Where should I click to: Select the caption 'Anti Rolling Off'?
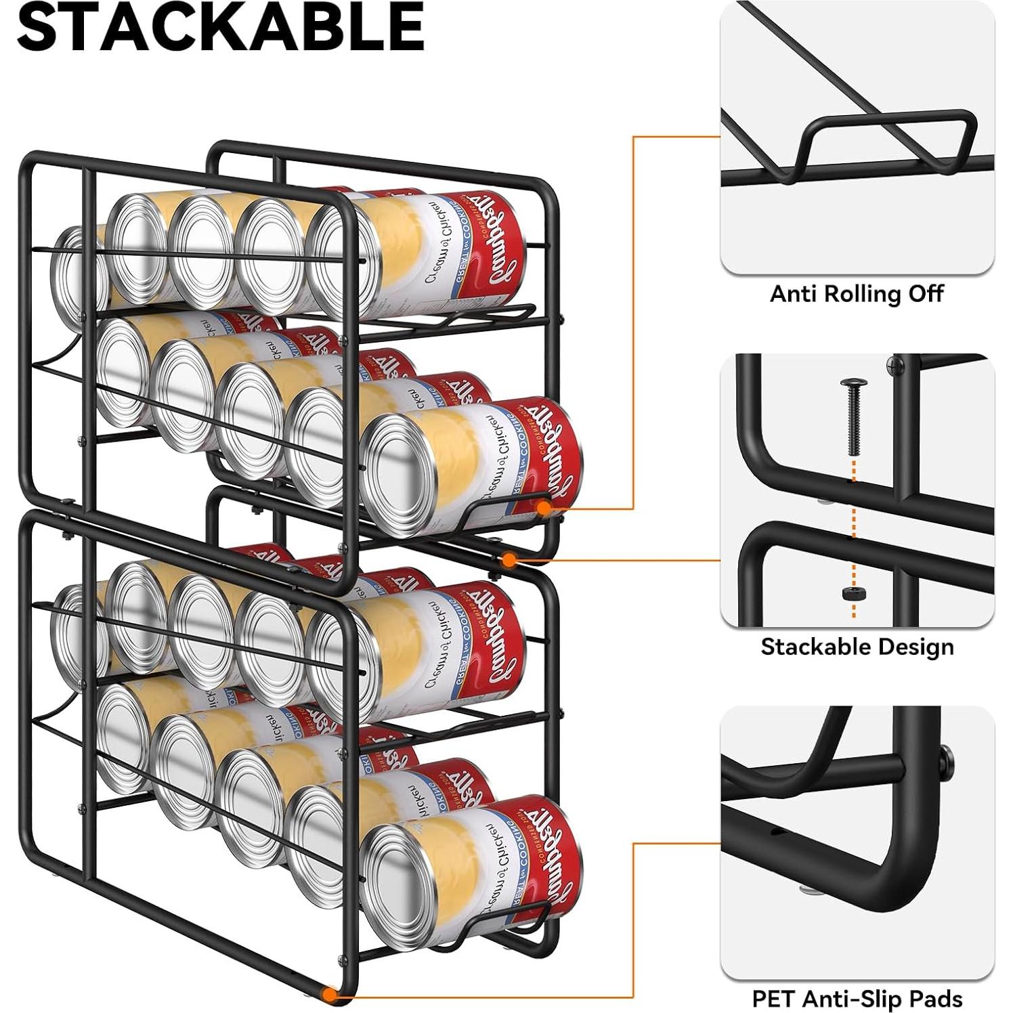pos(857,294)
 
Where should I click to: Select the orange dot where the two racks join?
pos(509,559)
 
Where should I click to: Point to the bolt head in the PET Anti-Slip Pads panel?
pos(945,761)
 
